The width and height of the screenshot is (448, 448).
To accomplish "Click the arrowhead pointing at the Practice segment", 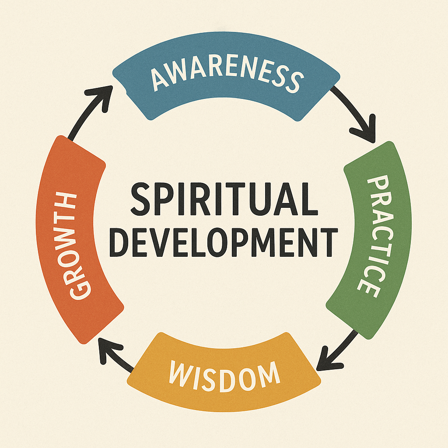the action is coord(367,131).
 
